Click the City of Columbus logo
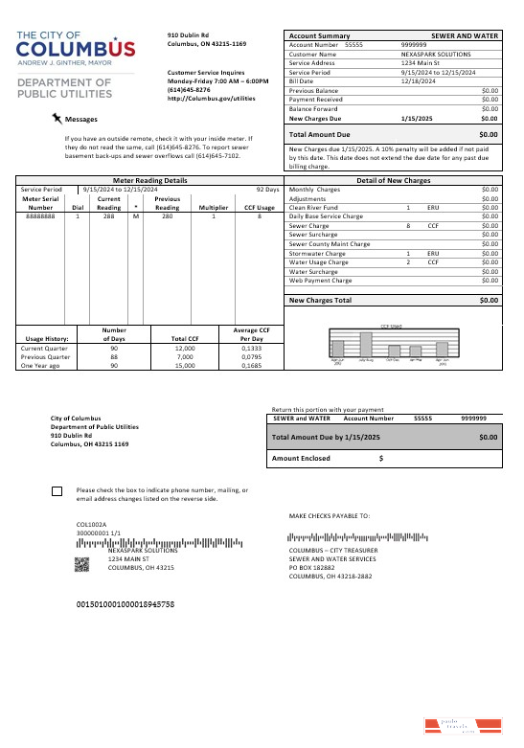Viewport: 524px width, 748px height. click(x=77, y=47)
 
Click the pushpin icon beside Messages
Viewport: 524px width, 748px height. click(x=57, y=118)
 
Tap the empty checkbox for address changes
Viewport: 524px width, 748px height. click(x=57, y=491)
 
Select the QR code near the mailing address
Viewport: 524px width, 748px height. click(x=81, y=563)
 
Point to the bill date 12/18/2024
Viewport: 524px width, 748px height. click(x=418, y=81)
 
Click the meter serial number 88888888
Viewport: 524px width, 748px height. click(x=41, y=216)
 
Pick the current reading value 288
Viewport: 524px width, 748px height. click(x=109, y=216)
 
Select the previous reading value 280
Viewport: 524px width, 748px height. click(x=168, y=216)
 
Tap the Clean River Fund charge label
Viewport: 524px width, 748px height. click(x=313, y=207)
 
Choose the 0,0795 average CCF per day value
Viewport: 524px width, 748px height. click(x=251, y=356)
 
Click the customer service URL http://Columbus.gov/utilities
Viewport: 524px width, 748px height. click(x=211, y=98)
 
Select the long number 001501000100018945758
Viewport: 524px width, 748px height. click(x=125, y=605)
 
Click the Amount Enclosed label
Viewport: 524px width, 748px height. click(x=301, y=459)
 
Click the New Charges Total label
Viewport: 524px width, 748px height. click(x=320, y=301)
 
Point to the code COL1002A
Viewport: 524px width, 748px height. click(x=92, y=525)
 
